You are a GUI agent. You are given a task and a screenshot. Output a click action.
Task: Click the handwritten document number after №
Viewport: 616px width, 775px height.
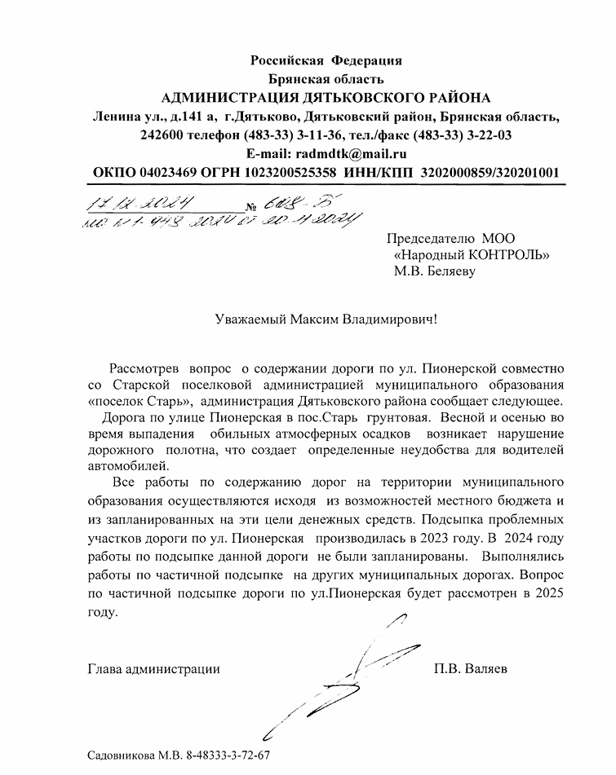coord(282,203)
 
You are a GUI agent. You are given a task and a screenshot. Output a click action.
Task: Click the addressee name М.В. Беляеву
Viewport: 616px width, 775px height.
coord(433,272)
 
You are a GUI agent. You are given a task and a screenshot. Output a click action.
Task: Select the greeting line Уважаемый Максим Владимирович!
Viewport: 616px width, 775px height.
coord(326,320)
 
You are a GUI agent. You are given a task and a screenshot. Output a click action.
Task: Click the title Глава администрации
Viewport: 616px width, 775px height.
coord(153,670)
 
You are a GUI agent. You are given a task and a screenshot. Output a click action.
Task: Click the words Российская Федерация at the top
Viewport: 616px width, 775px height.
coord(326,60)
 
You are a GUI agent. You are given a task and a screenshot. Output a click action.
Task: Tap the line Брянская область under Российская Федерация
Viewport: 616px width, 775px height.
coord(326,79)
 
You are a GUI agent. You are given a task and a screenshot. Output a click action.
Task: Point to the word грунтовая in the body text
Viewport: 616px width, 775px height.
coord(397,418)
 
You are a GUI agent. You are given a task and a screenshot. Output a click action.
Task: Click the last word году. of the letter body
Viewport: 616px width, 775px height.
coord(103,612)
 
